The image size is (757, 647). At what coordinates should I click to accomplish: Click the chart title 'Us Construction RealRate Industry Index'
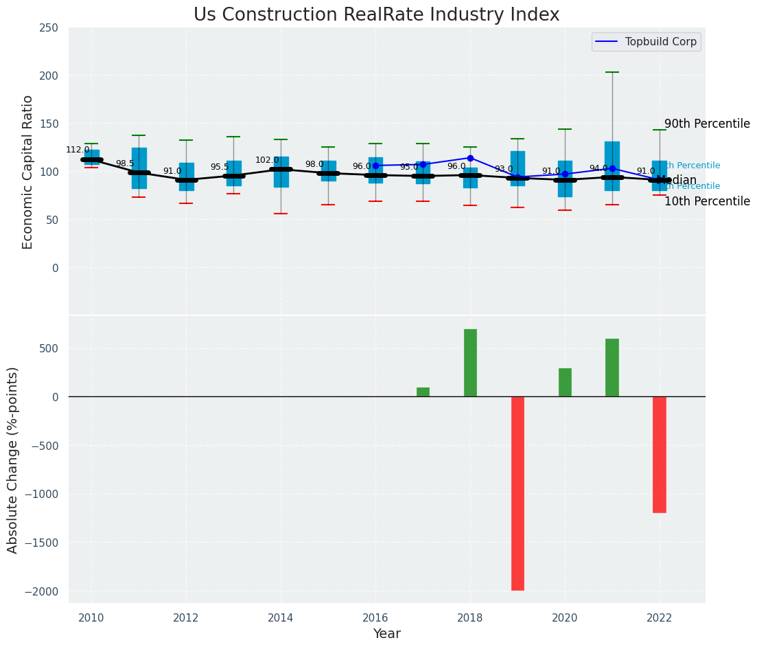pyautogui.click(x=376, y=15)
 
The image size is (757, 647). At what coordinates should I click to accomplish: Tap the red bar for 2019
pyautogui.click(x=517, y=493)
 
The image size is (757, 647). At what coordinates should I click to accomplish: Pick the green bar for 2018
pyautogui.click(x=470, y=363)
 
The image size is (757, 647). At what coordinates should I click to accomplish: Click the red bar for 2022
pyautogui.click(x=660, y=454)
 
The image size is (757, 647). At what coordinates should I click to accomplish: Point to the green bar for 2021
pyautogui.click(x=612, y=367)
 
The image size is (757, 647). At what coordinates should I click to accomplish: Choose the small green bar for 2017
pyautogui.click(x=423, y=392)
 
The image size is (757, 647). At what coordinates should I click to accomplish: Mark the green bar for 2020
pyautogui.click(x=565, y=383)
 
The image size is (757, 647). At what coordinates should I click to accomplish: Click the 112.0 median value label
pyautogui.click(x=78, y=150)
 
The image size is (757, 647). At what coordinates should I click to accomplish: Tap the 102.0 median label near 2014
pyautogui.click(x=267, y=160)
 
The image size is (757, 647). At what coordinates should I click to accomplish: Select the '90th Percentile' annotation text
pyautogui.click(x=707, y=124)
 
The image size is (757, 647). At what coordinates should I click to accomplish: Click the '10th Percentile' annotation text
pyautogui.click(x=707, y=201)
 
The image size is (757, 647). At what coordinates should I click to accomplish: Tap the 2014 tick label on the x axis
pyautogui.click(x=281, y=617)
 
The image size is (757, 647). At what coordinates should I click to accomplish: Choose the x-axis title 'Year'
pyautogui.click(x=386, y=634)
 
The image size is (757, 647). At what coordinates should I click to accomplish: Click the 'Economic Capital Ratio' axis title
pyautogui.click(x=28, y=172)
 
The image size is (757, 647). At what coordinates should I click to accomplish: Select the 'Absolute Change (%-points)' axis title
pyautogui.click(x=13, y=459)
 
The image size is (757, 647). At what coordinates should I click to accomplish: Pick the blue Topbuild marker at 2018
pyautogui.click(x=470, y=158)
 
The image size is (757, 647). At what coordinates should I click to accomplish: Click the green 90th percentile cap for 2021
pyautogui.click(x=612, y=72)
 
